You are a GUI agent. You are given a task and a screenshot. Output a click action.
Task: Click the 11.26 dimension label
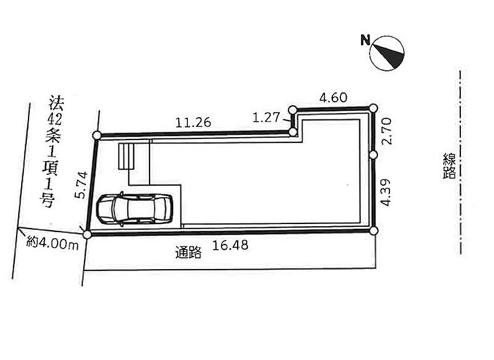193,122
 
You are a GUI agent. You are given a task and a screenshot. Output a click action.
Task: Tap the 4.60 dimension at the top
334,98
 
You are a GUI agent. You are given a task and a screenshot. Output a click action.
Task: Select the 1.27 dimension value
266,117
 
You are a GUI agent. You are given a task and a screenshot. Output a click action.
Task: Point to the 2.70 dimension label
386,131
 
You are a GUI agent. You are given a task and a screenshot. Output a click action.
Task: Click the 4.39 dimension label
385,193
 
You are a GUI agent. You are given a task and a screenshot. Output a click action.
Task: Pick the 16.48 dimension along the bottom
230,245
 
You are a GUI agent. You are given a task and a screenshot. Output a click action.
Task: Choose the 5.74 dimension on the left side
81,185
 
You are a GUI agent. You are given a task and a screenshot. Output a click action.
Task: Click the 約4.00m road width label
53,243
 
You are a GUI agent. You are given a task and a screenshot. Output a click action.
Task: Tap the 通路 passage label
188,252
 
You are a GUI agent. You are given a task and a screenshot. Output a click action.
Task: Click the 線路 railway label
449,166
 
